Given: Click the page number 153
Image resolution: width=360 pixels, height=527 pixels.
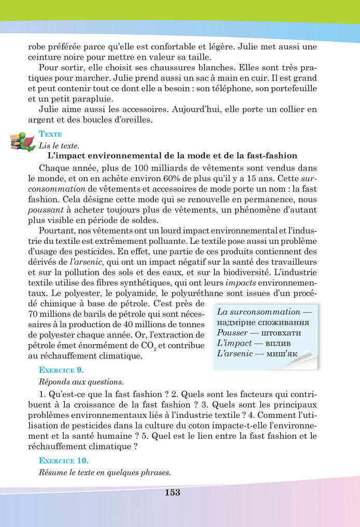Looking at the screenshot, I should tap(172, 493).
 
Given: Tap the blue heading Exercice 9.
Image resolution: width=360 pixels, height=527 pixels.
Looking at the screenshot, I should tap(61, 370).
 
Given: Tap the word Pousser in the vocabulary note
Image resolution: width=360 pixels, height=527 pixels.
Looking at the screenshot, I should tap(233, 332).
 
